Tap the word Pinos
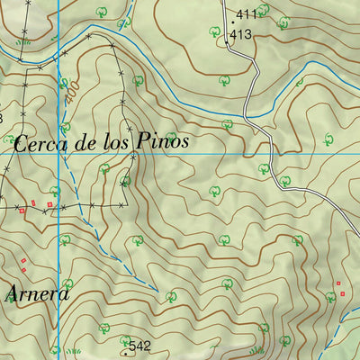tap(163, 142)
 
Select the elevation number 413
tap(240, 34)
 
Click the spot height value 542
tap(139, 346)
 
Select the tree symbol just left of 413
tap(215, 32)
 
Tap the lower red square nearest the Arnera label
tap(24, 270)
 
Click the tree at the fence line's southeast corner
tap(124, 182)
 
